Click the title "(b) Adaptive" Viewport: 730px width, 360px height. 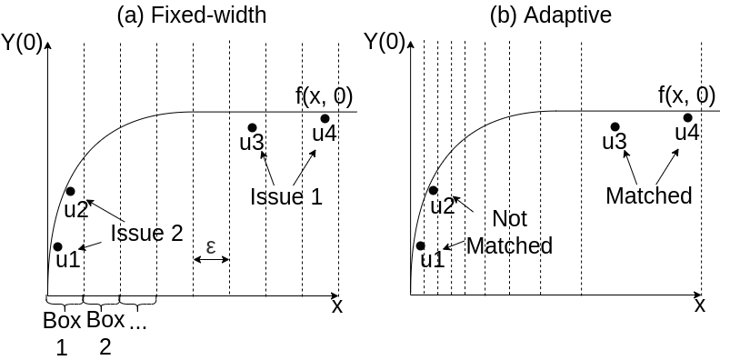click(551, 15)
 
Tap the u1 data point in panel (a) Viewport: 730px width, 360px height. click(57, 246)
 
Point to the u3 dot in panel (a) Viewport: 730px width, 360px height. click(252, 127)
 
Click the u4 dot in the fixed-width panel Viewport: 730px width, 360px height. click(325, 118)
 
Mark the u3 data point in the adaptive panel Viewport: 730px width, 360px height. click(615, 127)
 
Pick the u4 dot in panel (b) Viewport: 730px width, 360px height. click(687, 117)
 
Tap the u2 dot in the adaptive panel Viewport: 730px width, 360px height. click(433, 190)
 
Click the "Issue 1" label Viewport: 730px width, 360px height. click(286, 195)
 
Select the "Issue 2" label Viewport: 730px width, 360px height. click(146, 233)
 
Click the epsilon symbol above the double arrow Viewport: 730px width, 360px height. click(211, 246)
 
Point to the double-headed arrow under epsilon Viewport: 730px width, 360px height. click(211, 261)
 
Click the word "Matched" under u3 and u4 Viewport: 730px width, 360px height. click(648, 195)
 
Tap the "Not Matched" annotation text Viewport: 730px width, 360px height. click(509, 233)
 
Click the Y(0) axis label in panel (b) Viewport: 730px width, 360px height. click(384, 42)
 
